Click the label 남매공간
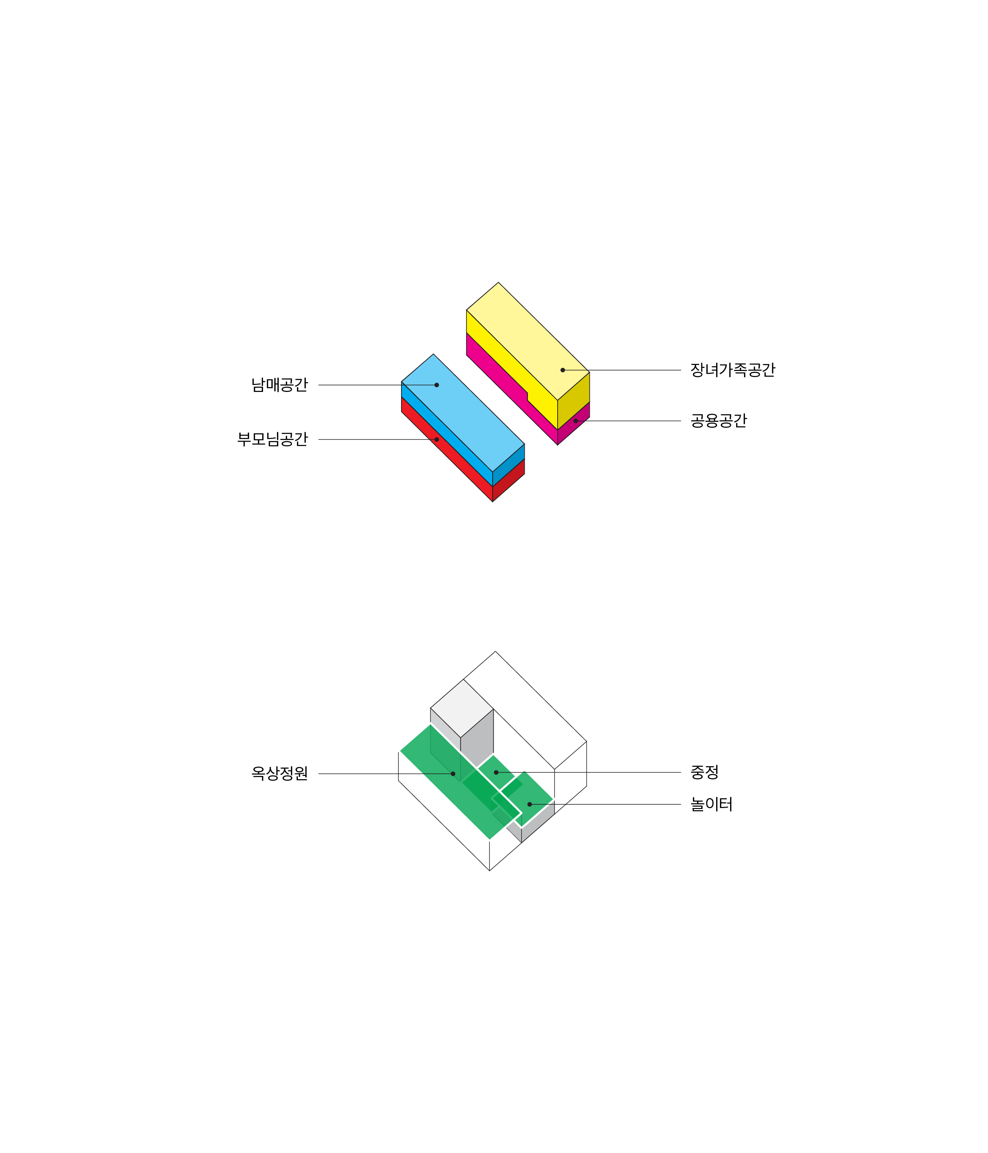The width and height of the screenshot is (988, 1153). point(279,385)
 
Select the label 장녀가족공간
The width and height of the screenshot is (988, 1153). point(733,370)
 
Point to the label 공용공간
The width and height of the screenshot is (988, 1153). point(719,421)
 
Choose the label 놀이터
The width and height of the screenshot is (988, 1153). point(711,805)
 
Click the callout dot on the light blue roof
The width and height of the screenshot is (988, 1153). point(437,385)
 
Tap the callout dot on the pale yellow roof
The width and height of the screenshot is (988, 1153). point(562,370)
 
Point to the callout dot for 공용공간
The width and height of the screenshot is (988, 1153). point(576,421)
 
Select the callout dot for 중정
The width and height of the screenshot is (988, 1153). point(496,772)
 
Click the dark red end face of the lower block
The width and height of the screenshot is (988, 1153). point(508,480)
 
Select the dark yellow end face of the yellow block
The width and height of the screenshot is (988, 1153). point(573,401)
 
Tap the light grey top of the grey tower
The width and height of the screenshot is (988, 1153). point(462,709)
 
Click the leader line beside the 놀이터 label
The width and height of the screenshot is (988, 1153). point(605,805)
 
